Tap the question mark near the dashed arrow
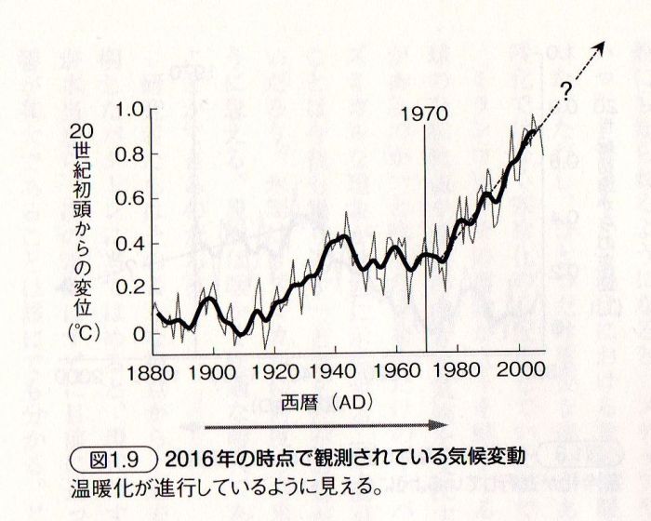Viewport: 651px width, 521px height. [x=565, y=90]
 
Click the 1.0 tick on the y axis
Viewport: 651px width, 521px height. [x=130, y=110]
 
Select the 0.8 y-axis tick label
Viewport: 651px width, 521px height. [x=130, y=154]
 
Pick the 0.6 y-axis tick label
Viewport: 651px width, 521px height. [x=130, y=199]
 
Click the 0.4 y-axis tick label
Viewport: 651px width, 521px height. [x=130, y=244]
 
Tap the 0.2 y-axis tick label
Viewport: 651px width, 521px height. [x=130, y=288]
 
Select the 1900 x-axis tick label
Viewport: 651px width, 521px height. [x=214, y=369]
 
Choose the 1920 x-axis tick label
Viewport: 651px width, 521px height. [x=274, y=369]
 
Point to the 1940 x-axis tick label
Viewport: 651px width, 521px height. [x=335, y=369]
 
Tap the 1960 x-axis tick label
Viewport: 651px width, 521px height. [x=395, y=369]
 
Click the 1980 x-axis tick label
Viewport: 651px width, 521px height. [x=456, y=369]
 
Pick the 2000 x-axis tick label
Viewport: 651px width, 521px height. [x=516, y=369]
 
